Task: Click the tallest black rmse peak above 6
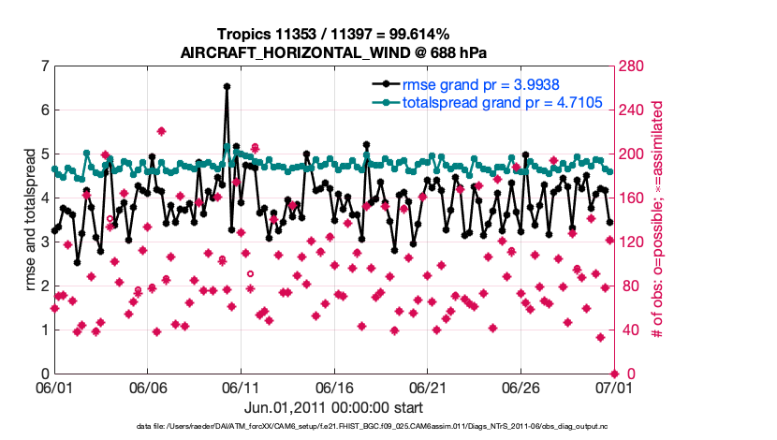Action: coord(227,86)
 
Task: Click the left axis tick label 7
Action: coord(44,66)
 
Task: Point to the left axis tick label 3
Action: coord(44,242)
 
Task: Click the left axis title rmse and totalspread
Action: coord(29,221)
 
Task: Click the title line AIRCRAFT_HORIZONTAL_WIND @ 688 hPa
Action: coord(332,52)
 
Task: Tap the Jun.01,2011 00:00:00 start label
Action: coord(332,408)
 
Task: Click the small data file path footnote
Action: coord(387,427)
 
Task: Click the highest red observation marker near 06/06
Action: coord(161,131)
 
